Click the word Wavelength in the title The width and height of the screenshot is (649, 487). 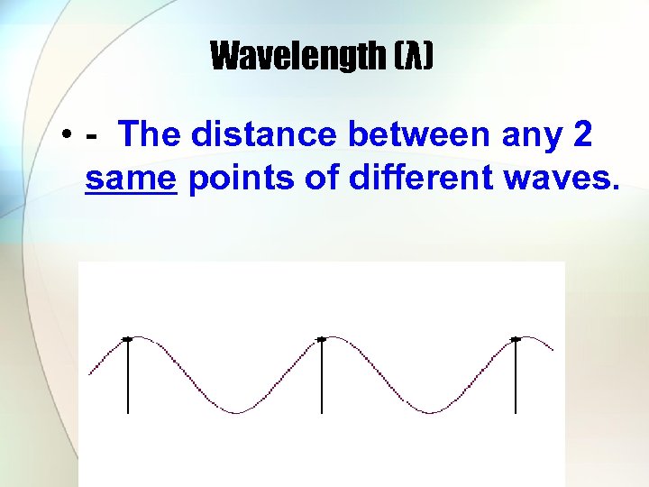coord(297,58)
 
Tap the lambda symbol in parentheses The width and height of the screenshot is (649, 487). coord(413,58)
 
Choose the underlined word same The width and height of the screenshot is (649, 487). coord(130,179)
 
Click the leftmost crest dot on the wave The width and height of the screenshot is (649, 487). coord(127,338)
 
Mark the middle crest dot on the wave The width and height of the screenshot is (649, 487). coord(321,338)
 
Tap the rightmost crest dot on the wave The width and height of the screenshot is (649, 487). coord(516,339)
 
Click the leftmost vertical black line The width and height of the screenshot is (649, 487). coord(127,379)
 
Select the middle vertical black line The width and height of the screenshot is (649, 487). coord(321,379)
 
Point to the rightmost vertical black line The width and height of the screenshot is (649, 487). coord(516,379)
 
